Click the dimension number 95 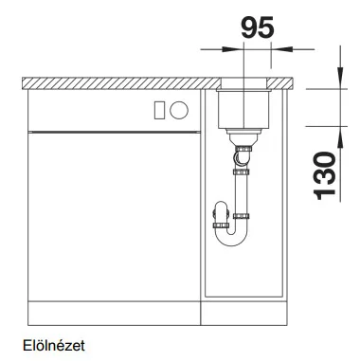coord(258,27)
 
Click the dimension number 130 coord(324,176)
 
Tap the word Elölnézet coord(54,346)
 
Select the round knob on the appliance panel coord(179,110)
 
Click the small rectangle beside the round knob coord(159,110)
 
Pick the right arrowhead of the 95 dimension coord(282,49)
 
